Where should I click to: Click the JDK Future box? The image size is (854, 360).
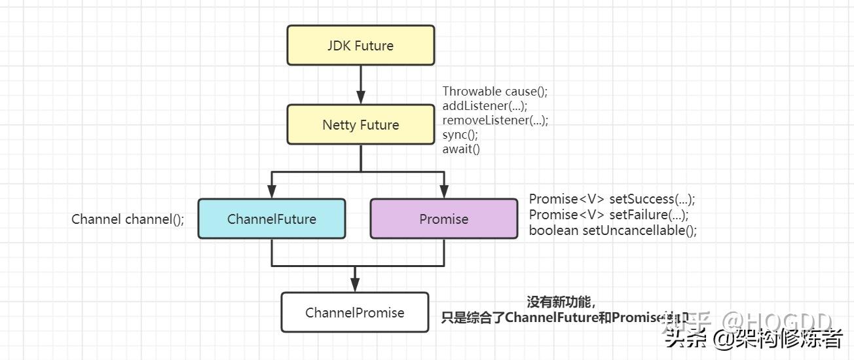[361, 46]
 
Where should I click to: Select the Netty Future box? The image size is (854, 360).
[361, 125]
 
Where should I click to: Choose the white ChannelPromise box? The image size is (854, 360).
[355, 312]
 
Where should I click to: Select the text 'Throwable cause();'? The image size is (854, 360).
[495, 92]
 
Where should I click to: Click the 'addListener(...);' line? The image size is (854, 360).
[485, 106]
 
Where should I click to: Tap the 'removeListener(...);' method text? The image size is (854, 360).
[495, 120]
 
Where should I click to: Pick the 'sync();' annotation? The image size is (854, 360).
[460, 135]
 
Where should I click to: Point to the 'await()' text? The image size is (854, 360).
[461, 149]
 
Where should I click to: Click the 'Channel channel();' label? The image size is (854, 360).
[128, 219]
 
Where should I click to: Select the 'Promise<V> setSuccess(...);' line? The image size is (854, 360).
[612, 200]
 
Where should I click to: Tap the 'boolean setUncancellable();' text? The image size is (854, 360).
[613, 230]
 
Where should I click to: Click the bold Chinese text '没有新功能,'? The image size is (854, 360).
[561, 302]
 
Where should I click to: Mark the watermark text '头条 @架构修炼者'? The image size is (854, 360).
[753, 338]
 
